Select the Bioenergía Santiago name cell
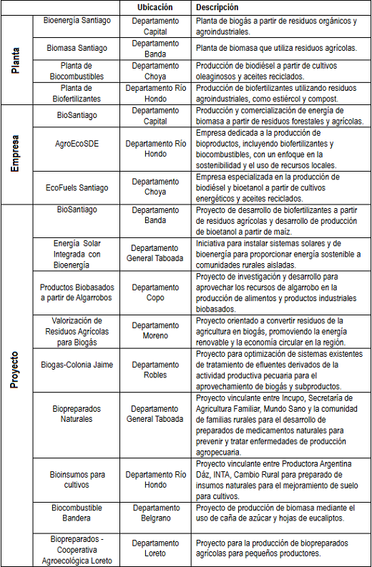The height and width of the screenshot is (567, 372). tap(78, 21)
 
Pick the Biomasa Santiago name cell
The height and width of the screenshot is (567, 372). tap(78, 48)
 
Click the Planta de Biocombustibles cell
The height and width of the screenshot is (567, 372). tap(78, 70)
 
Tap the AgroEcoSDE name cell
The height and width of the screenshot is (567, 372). tap(78, 143)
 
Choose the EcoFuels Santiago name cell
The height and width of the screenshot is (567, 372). tap(78, 187)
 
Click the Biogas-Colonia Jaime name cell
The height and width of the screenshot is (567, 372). tap(78, 365)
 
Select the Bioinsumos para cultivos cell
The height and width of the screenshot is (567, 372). tap(78, 479)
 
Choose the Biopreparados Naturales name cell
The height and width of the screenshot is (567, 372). tap(78, 413)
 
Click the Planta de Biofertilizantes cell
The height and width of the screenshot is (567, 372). tap(78, 93)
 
